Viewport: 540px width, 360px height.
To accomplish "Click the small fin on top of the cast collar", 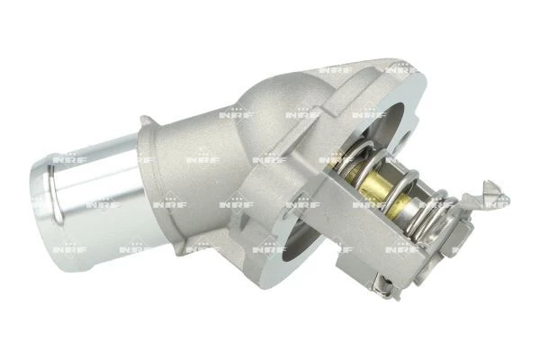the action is (148, 121).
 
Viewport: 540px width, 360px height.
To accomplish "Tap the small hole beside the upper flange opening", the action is (407, 142).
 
